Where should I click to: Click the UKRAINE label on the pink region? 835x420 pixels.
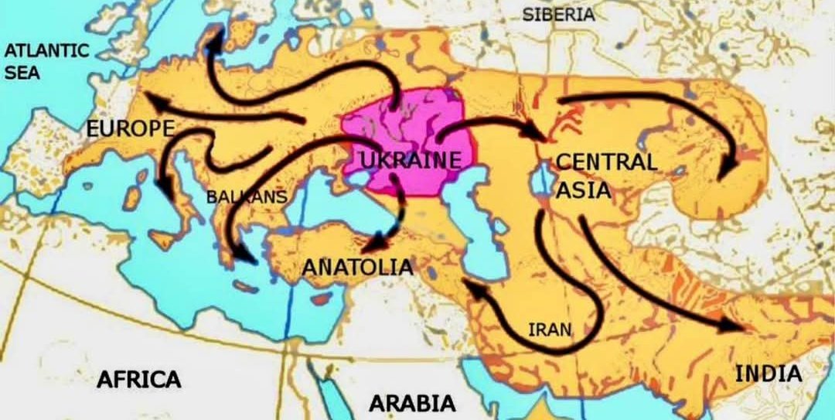[411, 161]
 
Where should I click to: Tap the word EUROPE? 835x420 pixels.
[130, 129]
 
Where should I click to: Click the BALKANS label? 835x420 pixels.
[246, 197]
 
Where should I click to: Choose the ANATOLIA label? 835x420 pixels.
[357, 267]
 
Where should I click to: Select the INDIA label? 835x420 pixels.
[768, 374]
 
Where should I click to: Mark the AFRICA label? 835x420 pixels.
[139, 379]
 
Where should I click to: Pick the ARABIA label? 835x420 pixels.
[411, 403]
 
